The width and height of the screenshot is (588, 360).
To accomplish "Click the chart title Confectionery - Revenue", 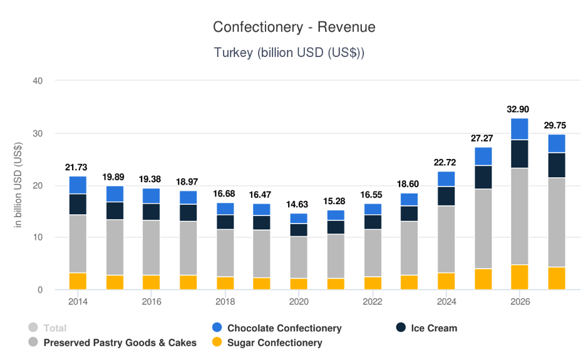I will point(294,27).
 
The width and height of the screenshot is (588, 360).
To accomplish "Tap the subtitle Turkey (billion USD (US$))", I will point(289,53).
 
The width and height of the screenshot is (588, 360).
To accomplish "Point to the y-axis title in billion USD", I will point(19,185).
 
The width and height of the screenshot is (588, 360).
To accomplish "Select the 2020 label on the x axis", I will point(299,302).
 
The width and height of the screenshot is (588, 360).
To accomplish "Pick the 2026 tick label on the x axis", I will point(520,302).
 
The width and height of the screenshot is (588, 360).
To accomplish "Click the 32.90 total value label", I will point(519,109).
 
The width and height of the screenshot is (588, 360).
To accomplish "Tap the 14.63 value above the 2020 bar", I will point(299,204).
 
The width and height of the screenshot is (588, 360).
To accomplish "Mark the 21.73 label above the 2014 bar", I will point(77,167).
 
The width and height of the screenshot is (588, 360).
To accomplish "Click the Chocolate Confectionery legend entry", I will point(284,328).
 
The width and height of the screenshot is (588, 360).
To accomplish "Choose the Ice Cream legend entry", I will point(433,328).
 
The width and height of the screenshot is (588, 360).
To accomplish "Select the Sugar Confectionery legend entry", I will point(274,342).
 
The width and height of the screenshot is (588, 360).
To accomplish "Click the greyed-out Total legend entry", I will point(54,328).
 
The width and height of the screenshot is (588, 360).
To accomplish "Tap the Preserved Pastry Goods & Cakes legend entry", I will point(119,342).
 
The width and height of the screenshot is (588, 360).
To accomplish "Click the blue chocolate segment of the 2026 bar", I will point(519,129).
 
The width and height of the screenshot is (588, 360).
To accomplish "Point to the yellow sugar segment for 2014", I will point(78,281).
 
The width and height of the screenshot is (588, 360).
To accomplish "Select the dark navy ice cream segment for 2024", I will point(446,196).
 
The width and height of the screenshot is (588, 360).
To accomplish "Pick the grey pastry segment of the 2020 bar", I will point(299,257).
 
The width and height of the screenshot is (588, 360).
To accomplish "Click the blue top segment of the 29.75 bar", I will point(557,143).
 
